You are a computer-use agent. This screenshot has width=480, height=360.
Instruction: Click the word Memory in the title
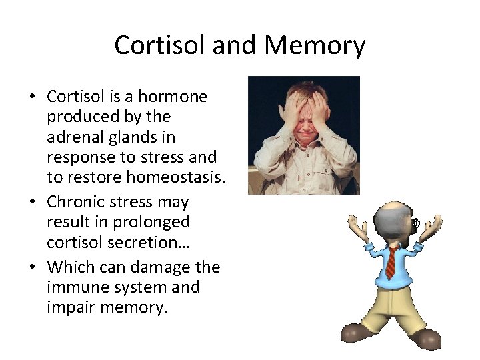[x=315, y=45]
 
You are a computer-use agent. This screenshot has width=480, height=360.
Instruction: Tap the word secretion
[x=142, y=242]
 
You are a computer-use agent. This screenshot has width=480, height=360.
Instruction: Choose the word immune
[x=75, y=287]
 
